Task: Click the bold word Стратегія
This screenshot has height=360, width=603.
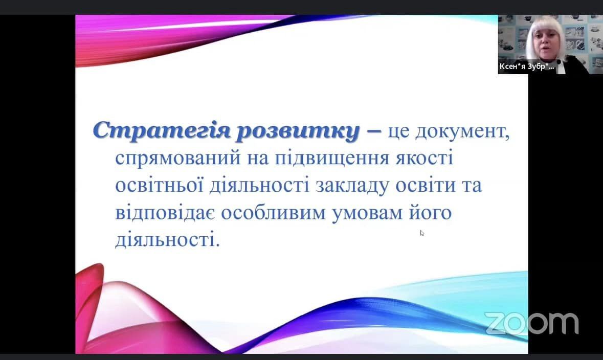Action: coord(162,131)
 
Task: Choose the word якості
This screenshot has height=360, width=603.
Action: coord(425,158)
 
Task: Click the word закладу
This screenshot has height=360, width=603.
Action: coord(353,186)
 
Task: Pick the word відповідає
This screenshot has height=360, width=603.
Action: coord(165,213)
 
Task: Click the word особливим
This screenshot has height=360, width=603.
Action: coord(273,213)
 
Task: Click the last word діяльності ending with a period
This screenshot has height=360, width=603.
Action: coord(168,240)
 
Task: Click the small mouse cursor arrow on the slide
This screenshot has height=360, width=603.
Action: coord(422,233)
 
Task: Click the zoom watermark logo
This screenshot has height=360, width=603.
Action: coord(531,323)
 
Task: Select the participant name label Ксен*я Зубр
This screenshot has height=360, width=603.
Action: coord(527,66)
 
